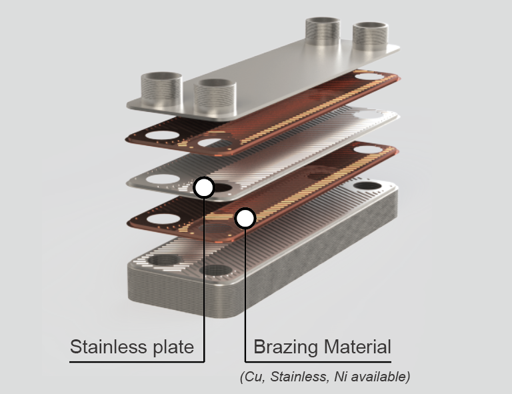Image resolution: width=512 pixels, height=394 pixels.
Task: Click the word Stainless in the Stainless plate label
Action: pyautogui.click(x=107, y=347)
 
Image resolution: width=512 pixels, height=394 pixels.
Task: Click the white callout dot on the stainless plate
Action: pyautogui.click(x=204, y=187)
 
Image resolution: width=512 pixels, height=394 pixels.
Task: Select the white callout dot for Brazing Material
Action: pyautogui.click(x=245, y=218)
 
